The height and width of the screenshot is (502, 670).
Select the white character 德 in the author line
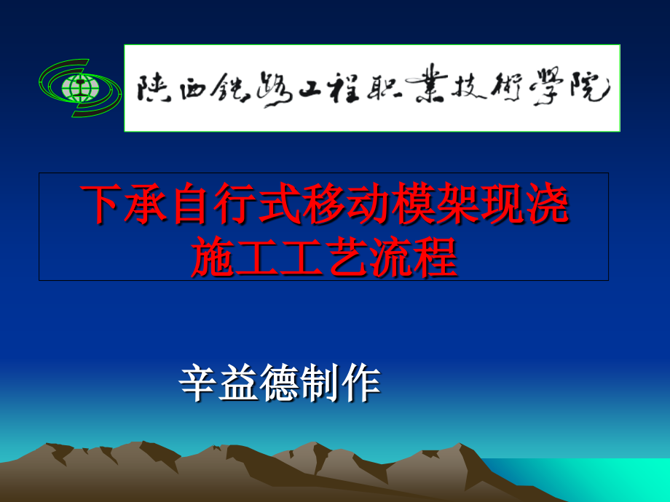[281, 383]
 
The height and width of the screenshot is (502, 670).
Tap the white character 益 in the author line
[240, 383]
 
